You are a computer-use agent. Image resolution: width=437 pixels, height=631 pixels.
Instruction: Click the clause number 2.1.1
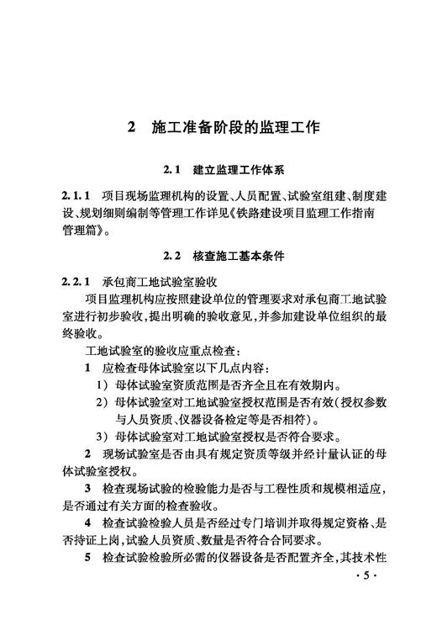(x=73, y=195)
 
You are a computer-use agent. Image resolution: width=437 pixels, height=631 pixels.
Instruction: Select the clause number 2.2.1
(x=73, y=279)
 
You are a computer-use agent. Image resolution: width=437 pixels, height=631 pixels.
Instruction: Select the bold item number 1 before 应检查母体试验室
(x=88, y=368)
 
